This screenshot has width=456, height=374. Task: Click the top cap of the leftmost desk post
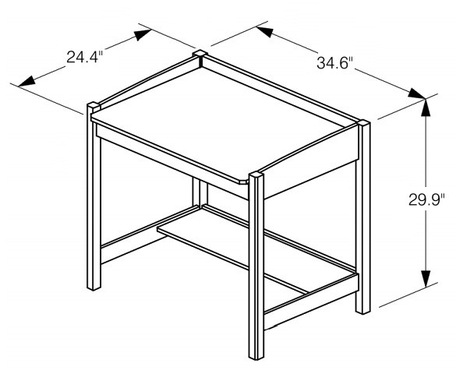click(x=92, y=104)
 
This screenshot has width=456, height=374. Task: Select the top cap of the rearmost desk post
click(x=200, y=54)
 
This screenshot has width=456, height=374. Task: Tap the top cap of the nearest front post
click(x=258, y=173)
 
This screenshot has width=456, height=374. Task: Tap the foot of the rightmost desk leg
click(x=362, y=309)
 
